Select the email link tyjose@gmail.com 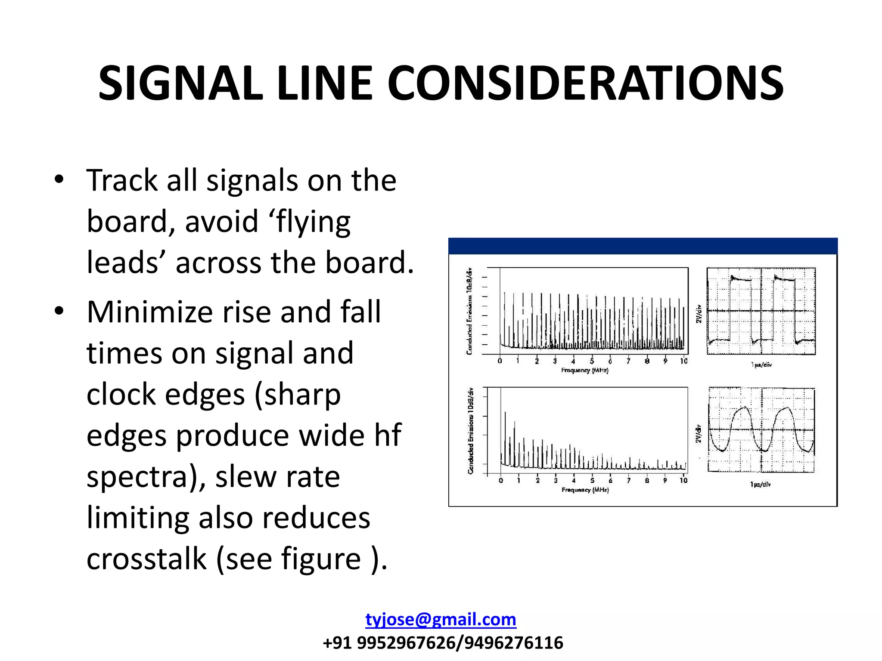[441, 619]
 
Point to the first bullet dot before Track [59, 179]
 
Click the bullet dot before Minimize [59, 311]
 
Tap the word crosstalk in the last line [146, 559]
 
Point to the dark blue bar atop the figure [643, 246]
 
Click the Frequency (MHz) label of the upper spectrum [584, 370]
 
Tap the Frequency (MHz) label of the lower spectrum [585, 490]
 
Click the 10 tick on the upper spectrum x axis [683, 361]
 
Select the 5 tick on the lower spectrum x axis [592, 480]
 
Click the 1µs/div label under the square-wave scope [761, 365]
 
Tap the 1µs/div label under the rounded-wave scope [760, 485]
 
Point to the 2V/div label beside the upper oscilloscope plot [699, 314]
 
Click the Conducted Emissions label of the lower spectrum [470, 431]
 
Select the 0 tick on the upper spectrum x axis [500, 361]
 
